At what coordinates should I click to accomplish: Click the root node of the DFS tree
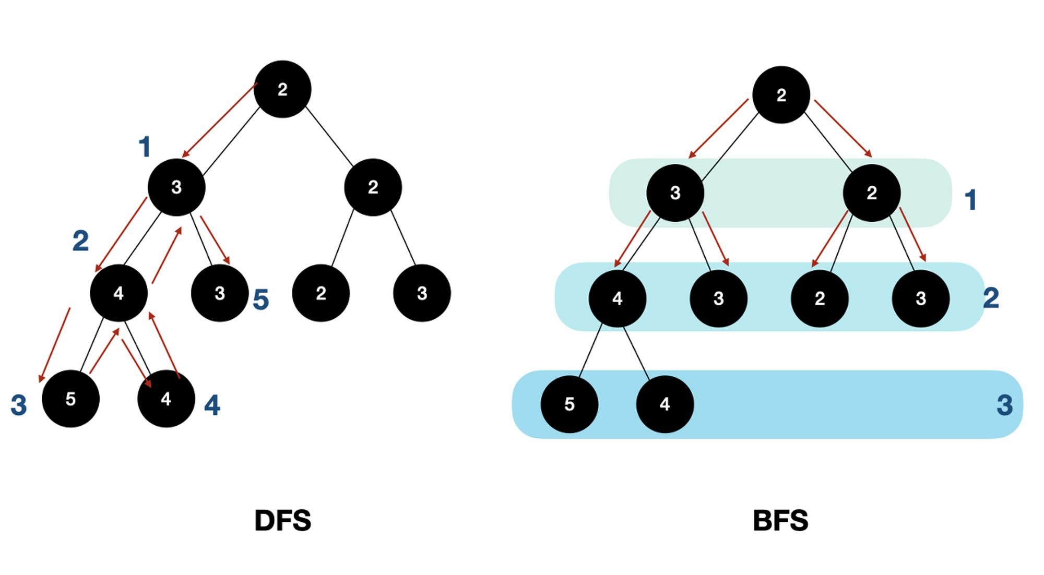[x=282, y=89]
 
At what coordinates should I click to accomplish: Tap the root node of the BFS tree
[x=781, y=95]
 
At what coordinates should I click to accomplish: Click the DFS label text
[x=282, y=521]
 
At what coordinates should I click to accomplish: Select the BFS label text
[x=780, y=521]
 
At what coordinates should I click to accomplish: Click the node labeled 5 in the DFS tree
[x=70, y=399]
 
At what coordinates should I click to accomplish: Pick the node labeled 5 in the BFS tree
[x=570, y=404]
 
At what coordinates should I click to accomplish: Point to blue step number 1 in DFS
[x=145, y=147]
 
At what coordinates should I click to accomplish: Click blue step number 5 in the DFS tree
[x=260, y=300]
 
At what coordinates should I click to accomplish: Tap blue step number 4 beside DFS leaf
[x=212, y=405]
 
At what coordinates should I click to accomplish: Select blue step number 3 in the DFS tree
[x=19, y=405]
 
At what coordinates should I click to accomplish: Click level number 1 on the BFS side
[x=970, y=200]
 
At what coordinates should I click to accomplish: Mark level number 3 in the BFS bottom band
[x=1004, y=405]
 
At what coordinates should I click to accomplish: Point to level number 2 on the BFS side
[x=991, y=298]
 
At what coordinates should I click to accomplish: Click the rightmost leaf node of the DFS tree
[x=422, y=293]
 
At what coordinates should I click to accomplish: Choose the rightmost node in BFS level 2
[x=921, y=298]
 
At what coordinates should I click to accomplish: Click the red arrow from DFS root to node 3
[x=219, y=120]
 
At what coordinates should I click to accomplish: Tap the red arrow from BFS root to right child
[x=843, y=128]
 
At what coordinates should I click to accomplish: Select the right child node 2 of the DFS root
[x=373, y=187]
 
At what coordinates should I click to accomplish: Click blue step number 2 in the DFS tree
[x=80, y=241]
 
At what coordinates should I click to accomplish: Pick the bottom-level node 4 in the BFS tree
[x=665, y=404]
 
